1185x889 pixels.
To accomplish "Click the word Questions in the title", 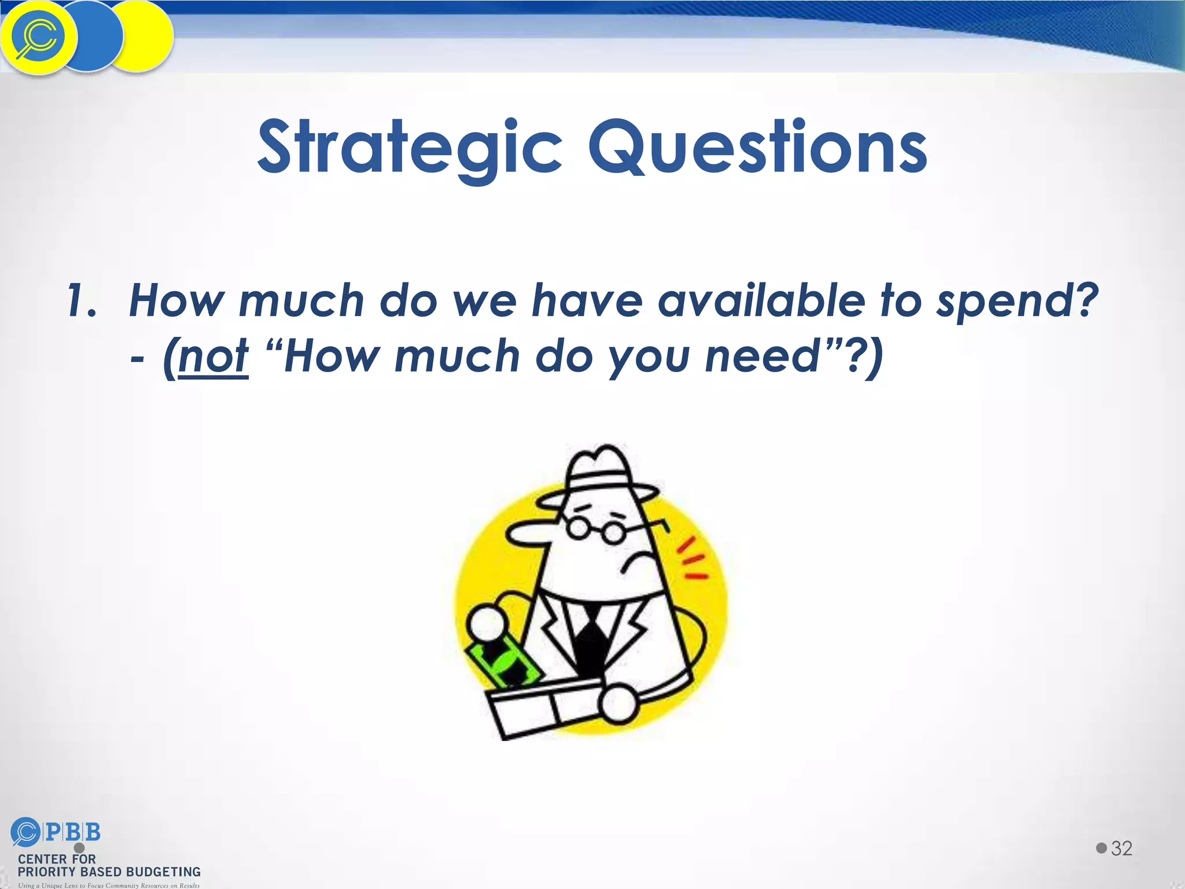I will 757,148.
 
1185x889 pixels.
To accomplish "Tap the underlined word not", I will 214,356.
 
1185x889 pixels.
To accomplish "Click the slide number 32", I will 1121,848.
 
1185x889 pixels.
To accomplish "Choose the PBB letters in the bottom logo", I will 72,832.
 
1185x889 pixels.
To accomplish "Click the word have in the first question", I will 587,301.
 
